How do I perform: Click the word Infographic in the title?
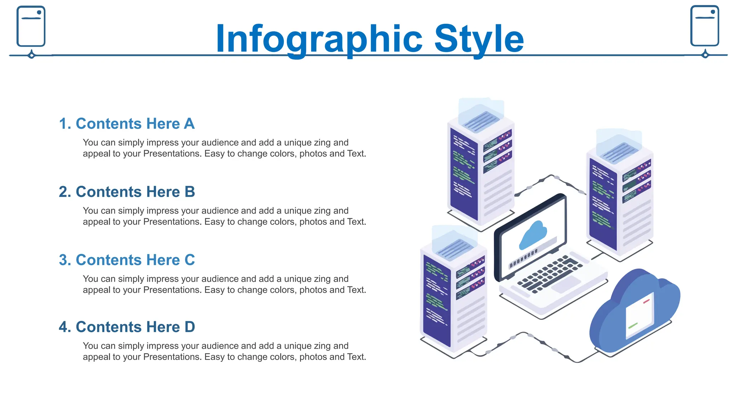(x=319, y=39)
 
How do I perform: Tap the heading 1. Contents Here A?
(x=127, y=124)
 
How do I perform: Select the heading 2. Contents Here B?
(x=127, y=192)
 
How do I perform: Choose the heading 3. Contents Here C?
(x=127, y=260)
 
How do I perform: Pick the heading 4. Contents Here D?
(x=127, y=327)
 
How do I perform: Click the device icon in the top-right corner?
(x=705, y=26)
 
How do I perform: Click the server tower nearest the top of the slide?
(x=481, y=168)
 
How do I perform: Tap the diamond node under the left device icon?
(x=32, y=55)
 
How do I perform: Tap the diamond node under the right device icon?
(x=705, y=55)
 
